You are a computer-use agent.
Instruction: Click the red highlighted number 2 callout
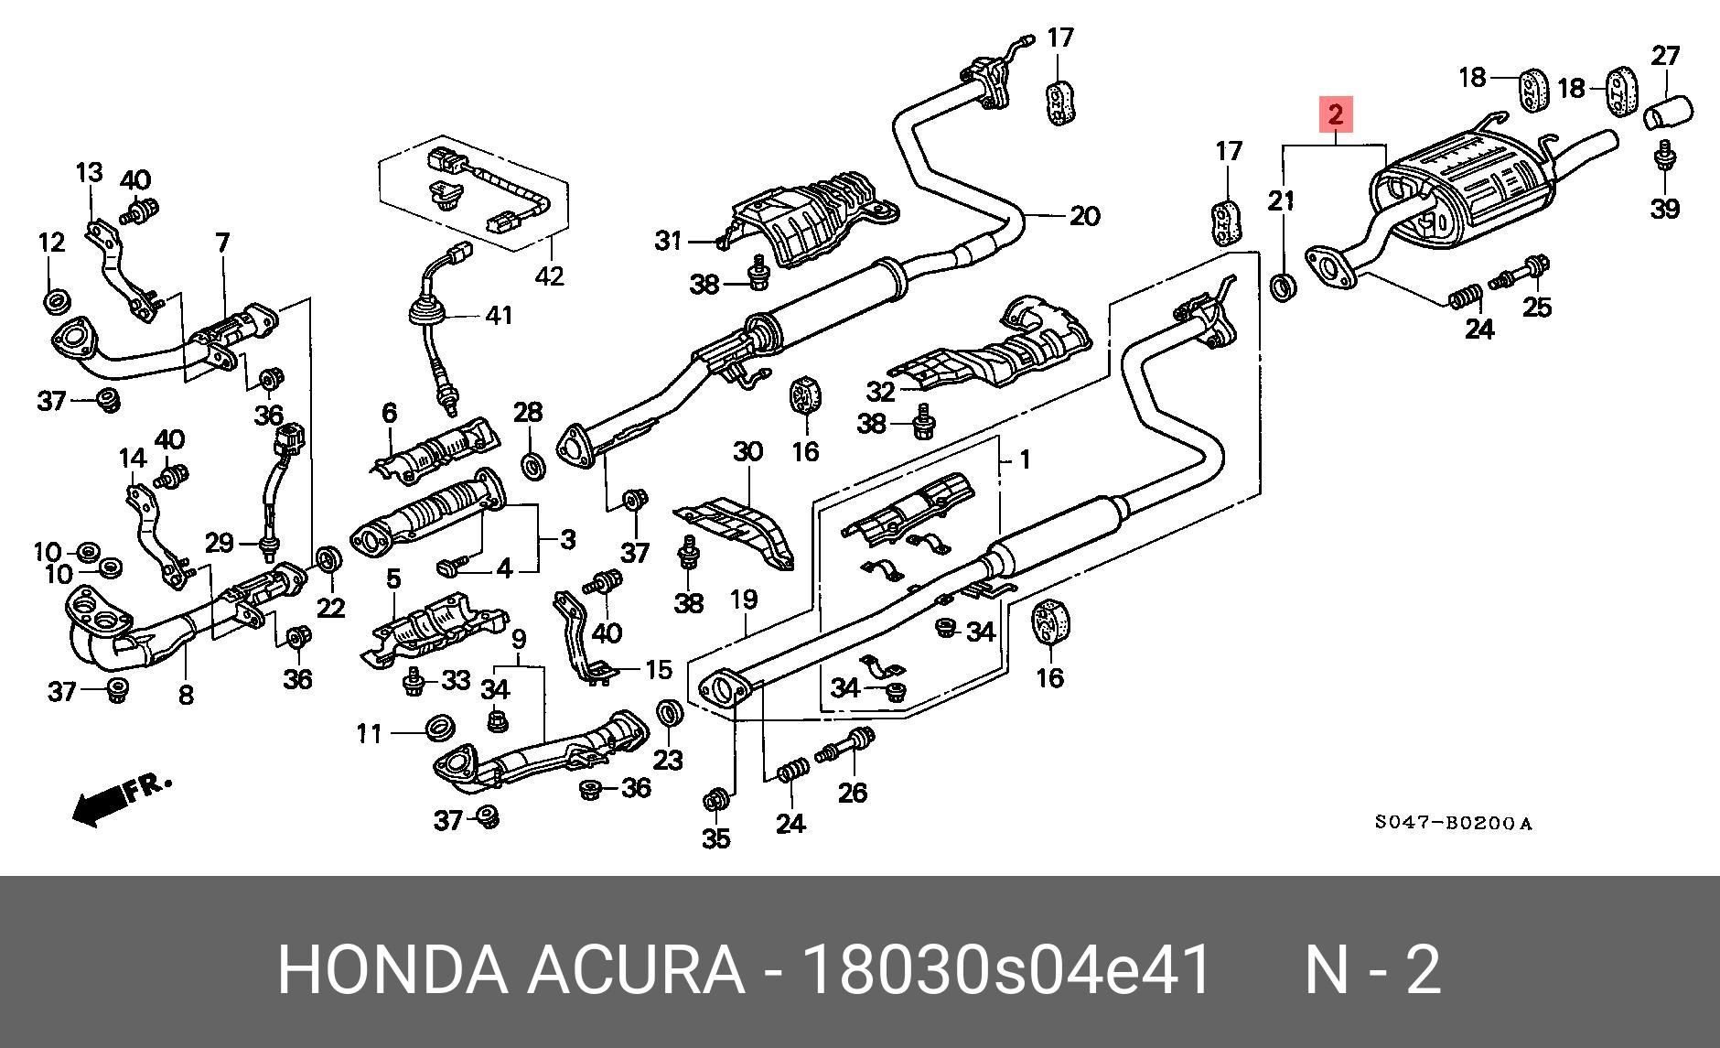1335,115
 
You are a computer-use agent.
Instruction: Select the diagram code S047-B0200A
1452,823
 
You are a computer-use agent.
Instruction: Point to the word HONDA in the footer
392,970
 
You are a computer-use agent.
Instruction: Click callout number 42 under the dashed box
549,275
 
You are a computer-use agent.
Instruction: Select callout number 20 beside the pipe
1084,217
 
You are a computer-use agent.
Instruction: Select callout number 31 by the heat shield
669,241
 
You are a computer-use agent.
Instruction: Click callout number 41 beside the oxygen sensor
499,316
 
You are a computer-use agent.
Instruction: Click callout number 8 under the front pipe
186,696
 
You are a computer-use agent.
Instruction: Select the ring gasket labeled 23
670,713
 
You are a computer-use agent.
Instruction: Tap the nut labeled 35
716,801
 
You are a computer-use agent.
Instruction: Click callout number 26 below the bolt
853,792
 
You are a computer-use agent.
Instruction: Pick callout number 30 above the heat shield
747,451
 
